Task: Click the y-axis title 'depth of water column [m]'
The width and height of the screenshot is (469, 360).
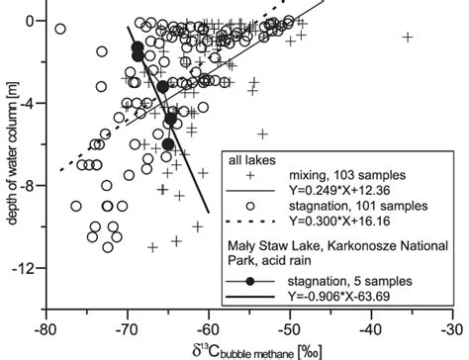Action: (9, 148)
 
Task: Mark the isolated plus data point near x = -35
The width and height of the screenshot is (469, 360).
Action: (408, 38)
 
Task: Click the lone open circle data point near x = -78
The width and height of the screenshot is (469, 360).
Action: (60, 30)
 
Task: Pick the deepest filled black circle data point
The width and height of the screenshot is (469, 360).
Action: (168, 144)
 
